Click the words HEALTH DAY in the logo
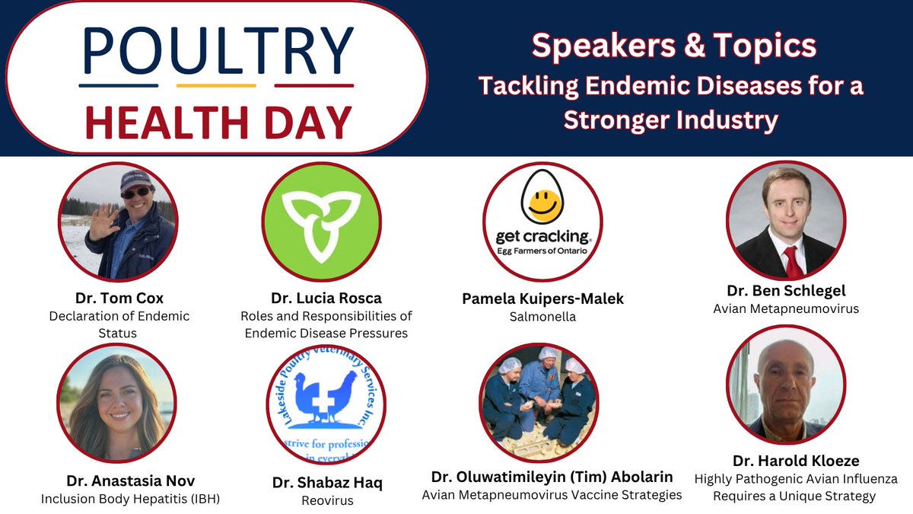click(218, 120)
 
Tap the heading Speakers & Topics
click(673, 46)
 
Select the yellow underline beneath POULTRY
click(216, 85)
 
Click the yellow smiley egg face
click(542, 203)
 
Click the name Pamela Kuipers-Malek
click(542, 299)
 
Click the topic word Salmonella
click(542, 317)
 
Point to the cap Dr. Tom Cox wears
click(135, 180)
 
